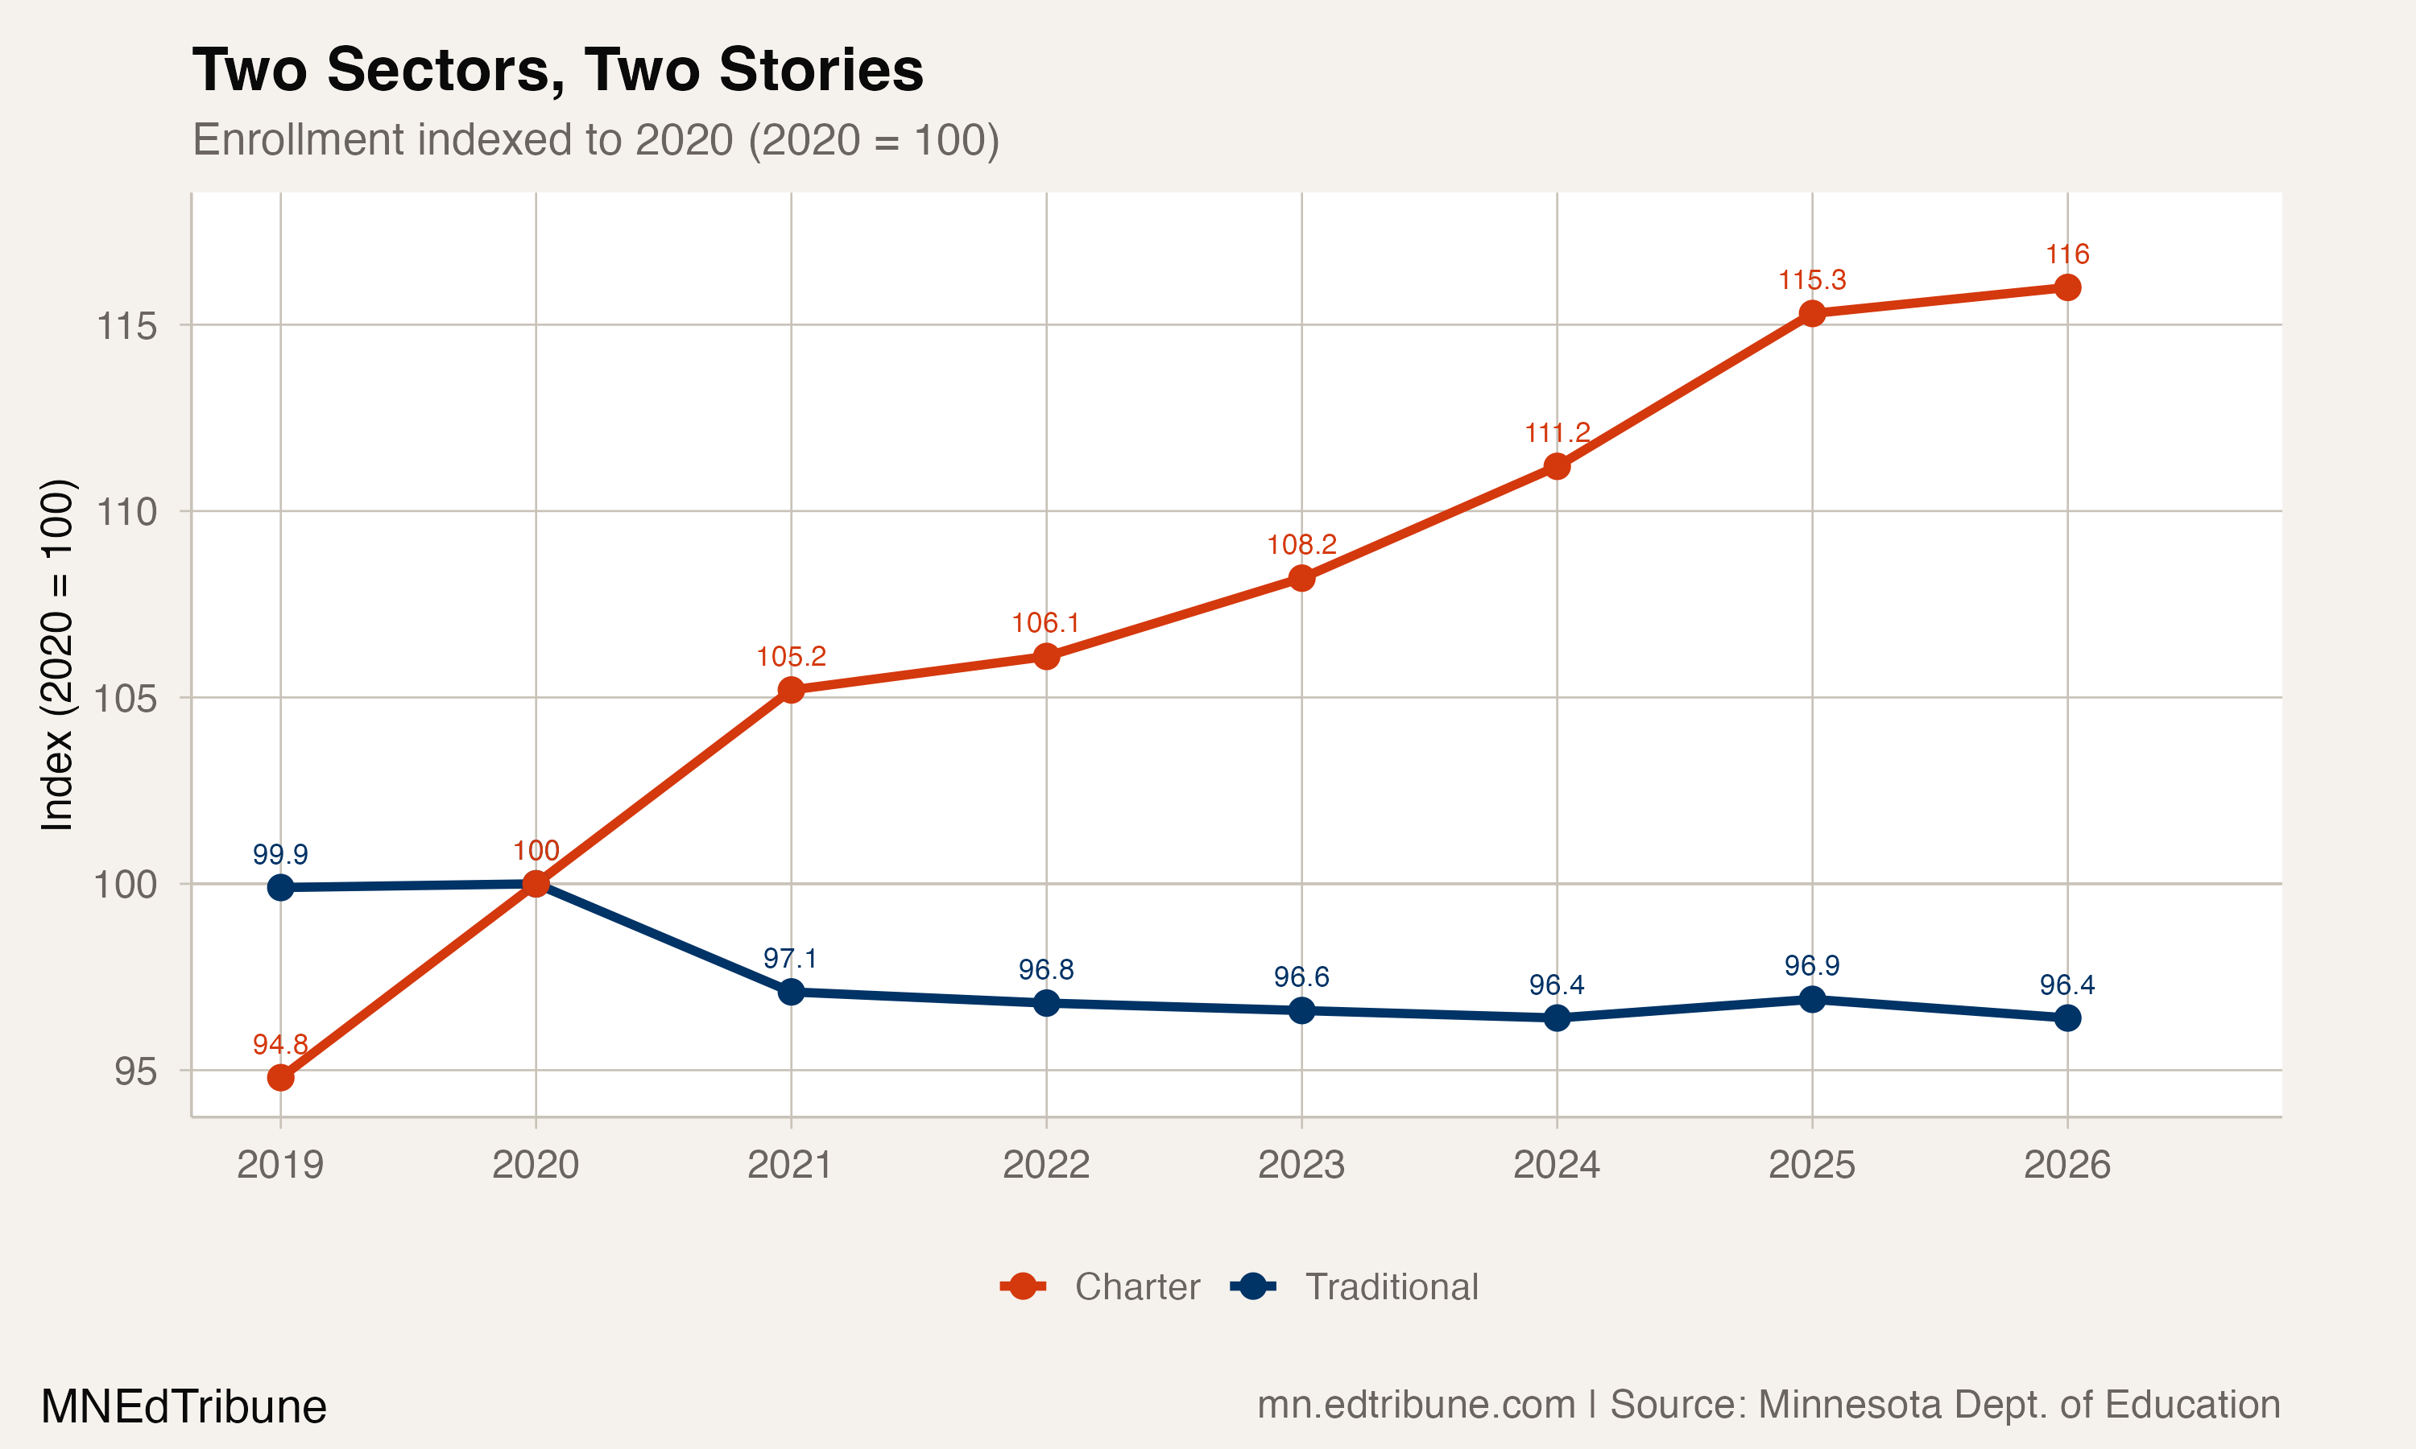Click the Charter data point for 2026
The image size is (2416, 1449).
[x=2066, y=287]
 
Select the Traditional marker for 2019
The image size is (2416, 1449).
[x=280, y=888]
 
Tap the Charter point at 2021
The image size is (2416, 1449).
[x=791, y=691]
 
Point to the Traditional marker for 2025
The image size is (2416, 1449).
[x=1811, y=1000]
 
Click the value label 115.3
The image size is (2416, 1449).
[x=1811, y=280]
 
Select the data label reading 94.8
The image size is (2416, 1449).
[x=280, y=1045]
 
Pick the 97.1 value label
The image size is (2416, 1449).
[x=790, y=959]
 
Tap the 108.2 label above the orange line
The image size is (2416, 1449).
[x=1301, y=545]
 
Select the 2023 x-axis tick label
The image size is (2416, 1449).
[x=1301, y=1165]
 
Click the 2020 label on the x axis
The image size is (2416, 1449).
[x=536, y=1165]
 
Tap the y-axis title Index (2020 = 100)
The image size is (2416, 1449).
[x=56, y=654]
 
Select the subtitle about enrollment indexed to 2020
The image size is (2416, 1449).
[x=596, y=139]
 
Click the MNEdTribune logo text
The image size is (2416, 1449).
[x=184, y=1407]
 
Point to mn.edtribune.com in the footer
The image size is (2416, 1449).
[x=1416, y=1405]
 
